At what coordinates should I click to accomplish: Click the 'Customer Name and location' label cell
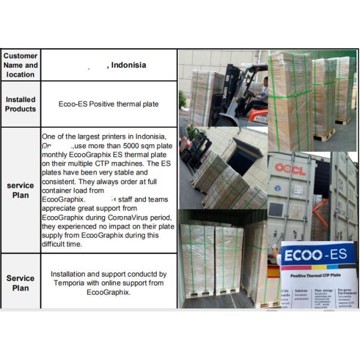coord(20,65)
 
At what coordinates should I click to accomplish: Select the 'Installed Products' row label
coord(20,104)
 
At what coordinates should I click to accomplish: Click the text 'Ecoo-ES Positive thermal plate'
coord(109,104)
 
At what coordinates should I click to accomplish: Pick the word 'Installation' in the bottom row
coord(70,274)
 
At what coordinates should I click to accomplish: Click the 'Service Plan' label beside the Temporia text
coord(20,283)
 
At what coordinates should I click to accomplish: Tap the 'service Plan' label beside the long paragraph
coord(20,190)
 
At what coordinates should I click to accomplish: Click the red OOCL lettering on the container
coord(290,170)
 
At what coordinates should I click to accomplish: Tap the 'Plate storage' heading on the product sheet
coord(325,289)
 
